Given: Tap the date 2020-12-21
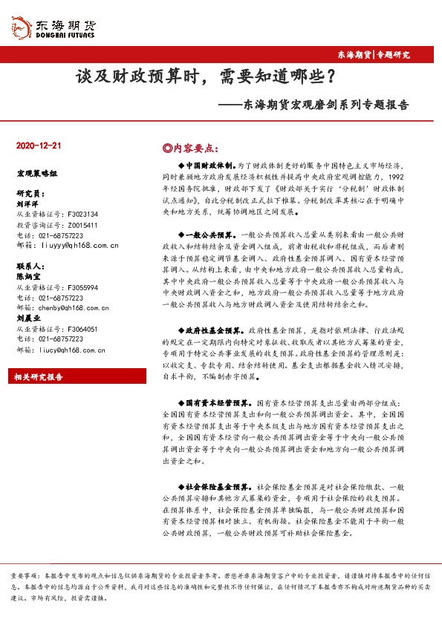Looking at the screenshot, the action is click(38, 145).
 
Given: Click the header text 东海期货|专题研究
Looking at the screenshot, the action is click(383, 54).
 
